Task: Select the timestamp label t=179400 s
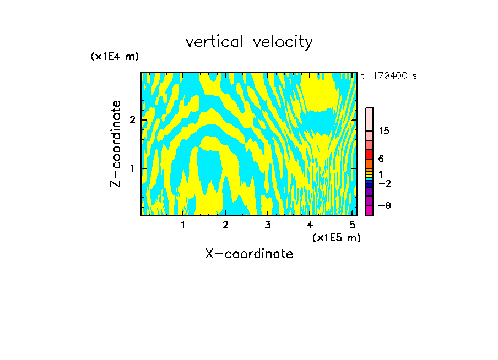click(x=389, y=76)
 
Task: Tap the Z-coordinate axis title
click(x=116, y=144)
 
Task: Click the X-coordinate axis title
click(x=249, y=254)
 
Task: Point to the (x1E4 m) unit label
click(x=115, y=57)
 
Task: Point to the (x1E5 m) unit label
click(x=336, y=237)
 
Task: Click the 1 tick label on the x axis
click(x=183, y=225)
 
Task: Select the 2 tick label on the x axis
click(x=225, y=225)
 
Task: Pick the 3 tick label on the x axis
click(x=268, y=225)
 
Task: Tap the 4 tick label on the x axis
click(x=310, y=225)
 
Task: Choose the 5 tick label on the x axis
click(x=352, y=225)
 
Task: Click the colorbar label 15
click(x=385, y=131)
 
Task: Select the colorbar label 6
click(x=381, y=159)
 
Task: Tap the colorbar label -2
click(x=385, y=184)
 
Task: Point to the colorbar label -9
click(x=385, y=205)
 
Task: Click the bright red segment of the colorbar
click(x=369, y=154)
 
